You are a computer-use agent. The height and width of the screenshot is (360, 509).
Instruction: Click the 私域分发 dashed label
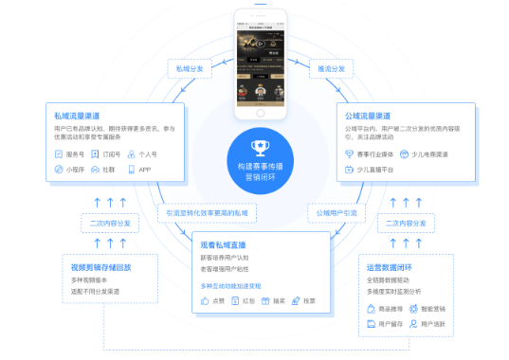click(x=188, y=68)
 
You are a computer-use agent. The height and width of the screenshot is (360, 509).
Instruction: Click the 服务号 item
click(x=71, y=153)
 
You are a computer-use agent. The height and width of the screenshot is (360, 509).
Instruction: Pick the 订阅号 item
click(x=111, y=153)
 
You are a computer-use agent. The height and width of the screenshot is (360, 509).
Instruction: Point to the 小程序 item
click(x=72, y=170)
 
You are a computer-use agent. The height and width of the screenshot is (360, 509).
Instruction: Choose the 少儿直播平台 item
click(x=376, y=170)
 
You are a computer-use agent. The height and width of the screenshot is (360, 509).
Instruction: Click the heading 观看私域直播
click(x=225, y=245)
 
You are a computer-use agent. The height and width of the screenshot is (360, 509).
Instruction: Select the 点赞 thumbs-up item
click(x=211, y=300)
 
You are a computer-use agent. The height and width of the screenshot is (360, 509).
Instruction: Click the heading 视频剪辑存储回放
click(x=99, y=268)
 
